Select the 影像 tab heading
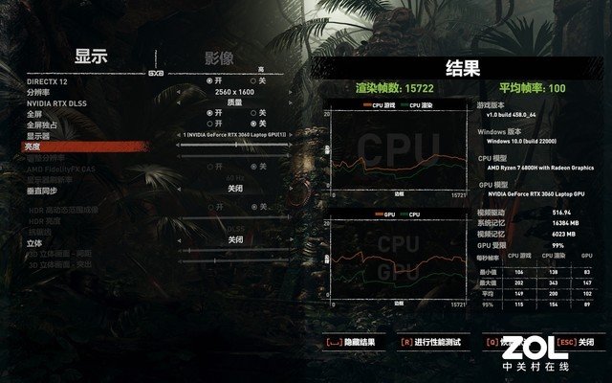tap(218, 58)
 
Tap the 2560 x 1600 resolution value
tap(233, 92)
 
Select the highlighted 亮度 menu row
tap(39, 146)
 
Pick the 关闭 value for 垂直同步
tap(233, 190)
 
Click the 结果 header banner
tap(463, 68)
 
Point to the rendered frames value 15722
tap(417, 87)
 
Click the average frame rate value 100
tap(557, 87)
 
